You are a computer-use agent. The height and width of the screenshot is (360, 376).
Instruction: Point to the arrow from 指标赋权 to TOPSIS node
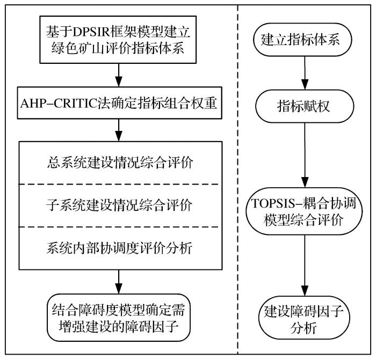pos(305,156)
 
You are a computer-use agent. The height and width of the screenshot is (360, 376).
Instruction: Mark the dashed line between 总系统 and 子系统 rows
pos(118,184)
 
